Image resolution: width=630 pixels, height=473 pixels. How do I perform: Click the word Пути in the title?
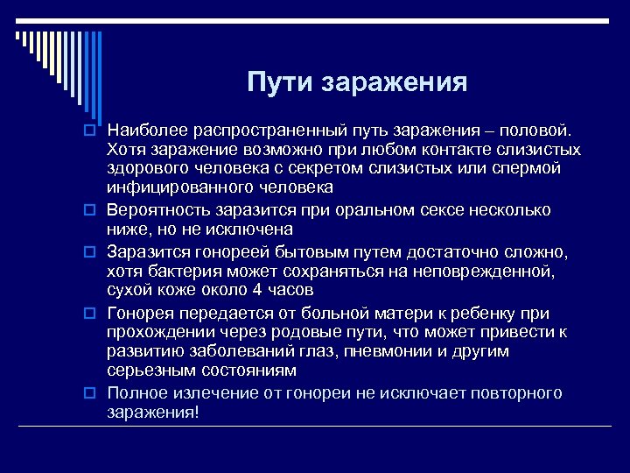coord(281,83)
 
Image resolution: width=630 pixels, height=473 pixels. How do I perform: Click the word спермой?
coord(527,168)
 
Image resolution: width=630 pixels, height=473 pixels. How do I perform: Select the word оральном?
coord(387,210)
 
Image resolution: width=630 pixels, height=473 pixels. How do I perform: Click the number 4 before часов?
coord(256,290)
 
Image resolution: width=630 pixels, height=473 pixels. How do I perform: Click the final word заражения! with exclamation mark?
coord(153,413)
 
